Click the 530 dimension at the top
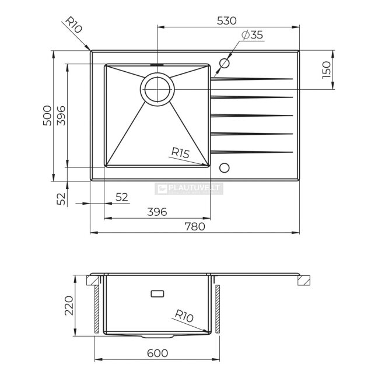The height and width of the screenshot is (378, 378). pos(226,21)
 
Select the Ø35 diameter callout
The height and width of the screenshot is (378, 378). pos(252,35)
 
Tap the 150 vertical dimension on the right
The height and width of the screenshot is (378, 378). pos(327,69)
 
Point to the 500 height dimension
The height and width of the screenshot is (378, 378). pos(47,116)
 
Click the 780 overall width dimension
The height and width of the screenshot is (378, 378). pos(195,226)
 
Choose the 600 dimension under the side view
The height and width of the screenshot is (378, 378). pos(157,353)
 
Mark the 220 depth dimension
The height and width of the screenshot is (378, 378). pos(69,306)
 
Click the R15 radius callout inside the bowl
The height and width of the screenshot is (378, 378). pos(180,153)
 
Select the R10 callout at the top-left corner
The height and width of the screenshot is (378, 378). pos(73,24)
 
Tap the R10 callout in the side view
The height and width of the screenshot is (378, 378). pos(184,316)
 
